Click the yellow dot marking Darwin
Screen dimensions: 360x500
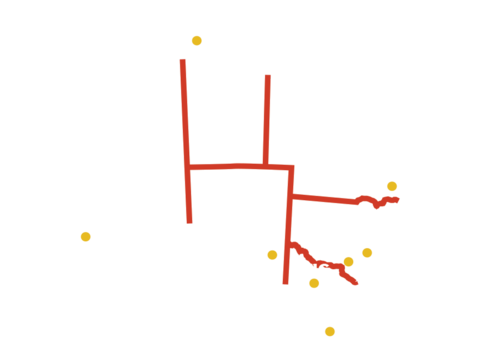[x=196, y=40]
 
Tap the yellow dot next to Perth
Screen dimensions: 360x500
[x=85, y=237]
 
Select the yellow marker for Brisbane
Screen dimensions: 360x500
[x=393, y=186]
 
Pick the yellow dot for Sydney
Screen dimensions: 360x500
[x=368, y=253]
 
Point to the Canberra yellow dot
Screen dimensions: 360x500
[x=348, y=262]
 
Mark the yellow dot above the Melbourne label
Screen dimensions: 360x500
[x=314, y=284]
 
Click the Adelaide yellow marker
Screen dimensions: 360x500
[x=272, y=255]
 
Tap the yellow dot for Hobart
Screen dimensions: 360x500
[x=330, y=332]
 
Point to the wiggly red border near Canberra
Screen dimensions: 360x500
[x=320, y=263]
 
